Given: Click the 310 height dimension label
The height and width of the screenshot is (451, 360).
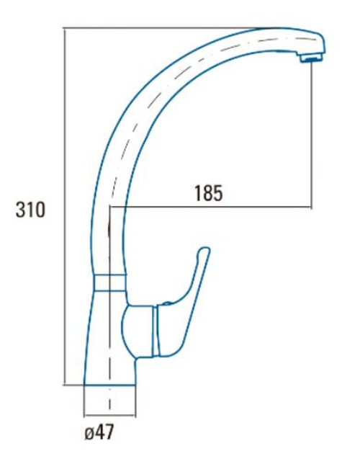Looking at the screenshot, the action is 30,210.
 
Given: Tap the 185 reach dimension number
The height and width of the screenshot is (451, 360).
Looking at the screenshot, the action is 209,192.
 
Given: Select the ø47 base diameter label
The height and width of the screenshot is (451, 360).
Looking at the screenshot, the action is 99,432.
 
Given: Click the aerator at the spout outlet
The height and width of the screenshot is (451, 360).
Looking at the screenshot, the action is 311,58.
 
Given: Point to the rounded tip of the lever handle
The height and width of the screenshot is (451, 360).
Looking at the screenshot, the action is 205,249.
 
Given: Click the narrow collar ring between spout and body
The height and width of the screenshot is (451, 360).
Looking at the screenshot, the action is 110,282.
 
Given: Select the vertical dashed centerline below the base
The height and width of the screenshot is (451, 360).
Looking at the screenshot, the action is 109,401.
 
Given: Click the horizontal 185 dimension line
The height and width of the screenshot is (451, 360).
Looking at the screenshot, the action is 210,207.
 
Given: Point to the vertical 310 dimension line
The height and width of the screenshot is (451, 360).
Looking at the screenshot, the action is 64,206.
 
